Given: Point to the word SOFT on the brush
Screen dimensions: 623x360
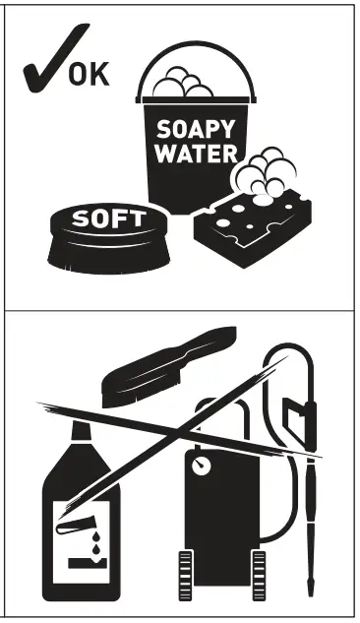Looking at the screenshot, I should (109, 218).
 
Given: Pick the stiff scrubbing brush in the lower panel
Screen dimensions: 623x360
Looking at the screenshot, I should (167, 364).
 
